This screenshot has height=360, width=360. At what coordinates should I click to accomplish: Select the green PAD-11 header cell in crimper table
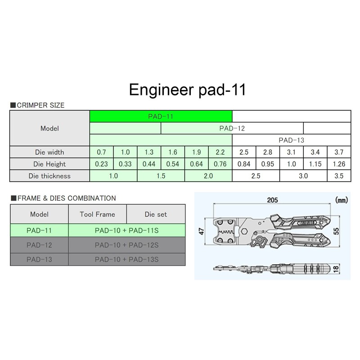tap(161, 116)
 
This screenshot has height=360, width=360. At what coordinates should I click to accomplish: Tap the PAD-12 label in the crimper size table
tap(232, 128)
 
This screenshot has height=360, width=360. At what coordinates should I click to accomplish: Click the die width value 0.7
tap(101, 152)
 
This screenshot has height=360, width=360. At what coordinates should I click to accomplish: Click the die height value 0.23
tap(101, 164)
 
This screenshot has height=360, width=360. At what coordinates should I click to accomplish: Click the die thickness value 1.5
tap(161, 176)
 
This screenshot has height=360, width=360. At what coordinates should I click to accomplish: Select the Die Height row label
tap(50, 164)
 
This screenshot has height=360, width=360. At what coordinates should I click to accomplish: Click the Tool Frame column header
tap(97, 214)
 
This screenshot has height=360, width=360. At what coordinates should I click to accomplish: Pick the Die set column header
tap(156, 214)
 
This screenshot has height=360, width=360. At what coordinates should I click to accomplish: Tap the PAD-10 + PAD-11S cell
tap(126, 230)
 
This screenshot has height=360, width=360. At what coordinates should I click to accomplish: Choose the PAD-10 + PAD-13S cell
tap(126, 259)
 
